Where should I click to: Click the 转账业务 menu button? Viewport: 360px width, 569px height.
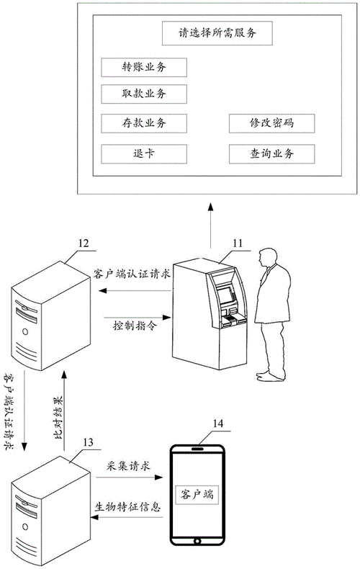click(x=144, y=67)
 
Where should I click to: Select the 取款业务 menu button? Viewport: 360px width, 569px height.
click(x=144, y=94)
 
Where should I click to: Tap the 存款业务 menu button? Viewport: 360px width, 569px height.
click(x=144, y=123)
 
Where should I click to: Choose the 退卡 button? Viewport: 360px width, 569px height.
click(x=144, y=153)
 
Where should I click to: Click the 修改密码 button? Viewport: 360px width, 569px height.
click(x=272, y=123)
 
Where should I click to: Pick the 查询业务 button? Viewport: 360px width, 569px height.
click(x=272, y=153)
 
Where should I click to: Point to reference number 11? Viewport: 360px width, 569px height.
click(x=237, y=245)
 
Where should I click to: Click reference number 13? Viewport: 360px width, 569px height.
click(x=89, y=440)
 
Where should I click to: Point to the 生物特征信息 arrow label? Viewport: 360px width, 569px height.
click(x=127, y=505)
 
